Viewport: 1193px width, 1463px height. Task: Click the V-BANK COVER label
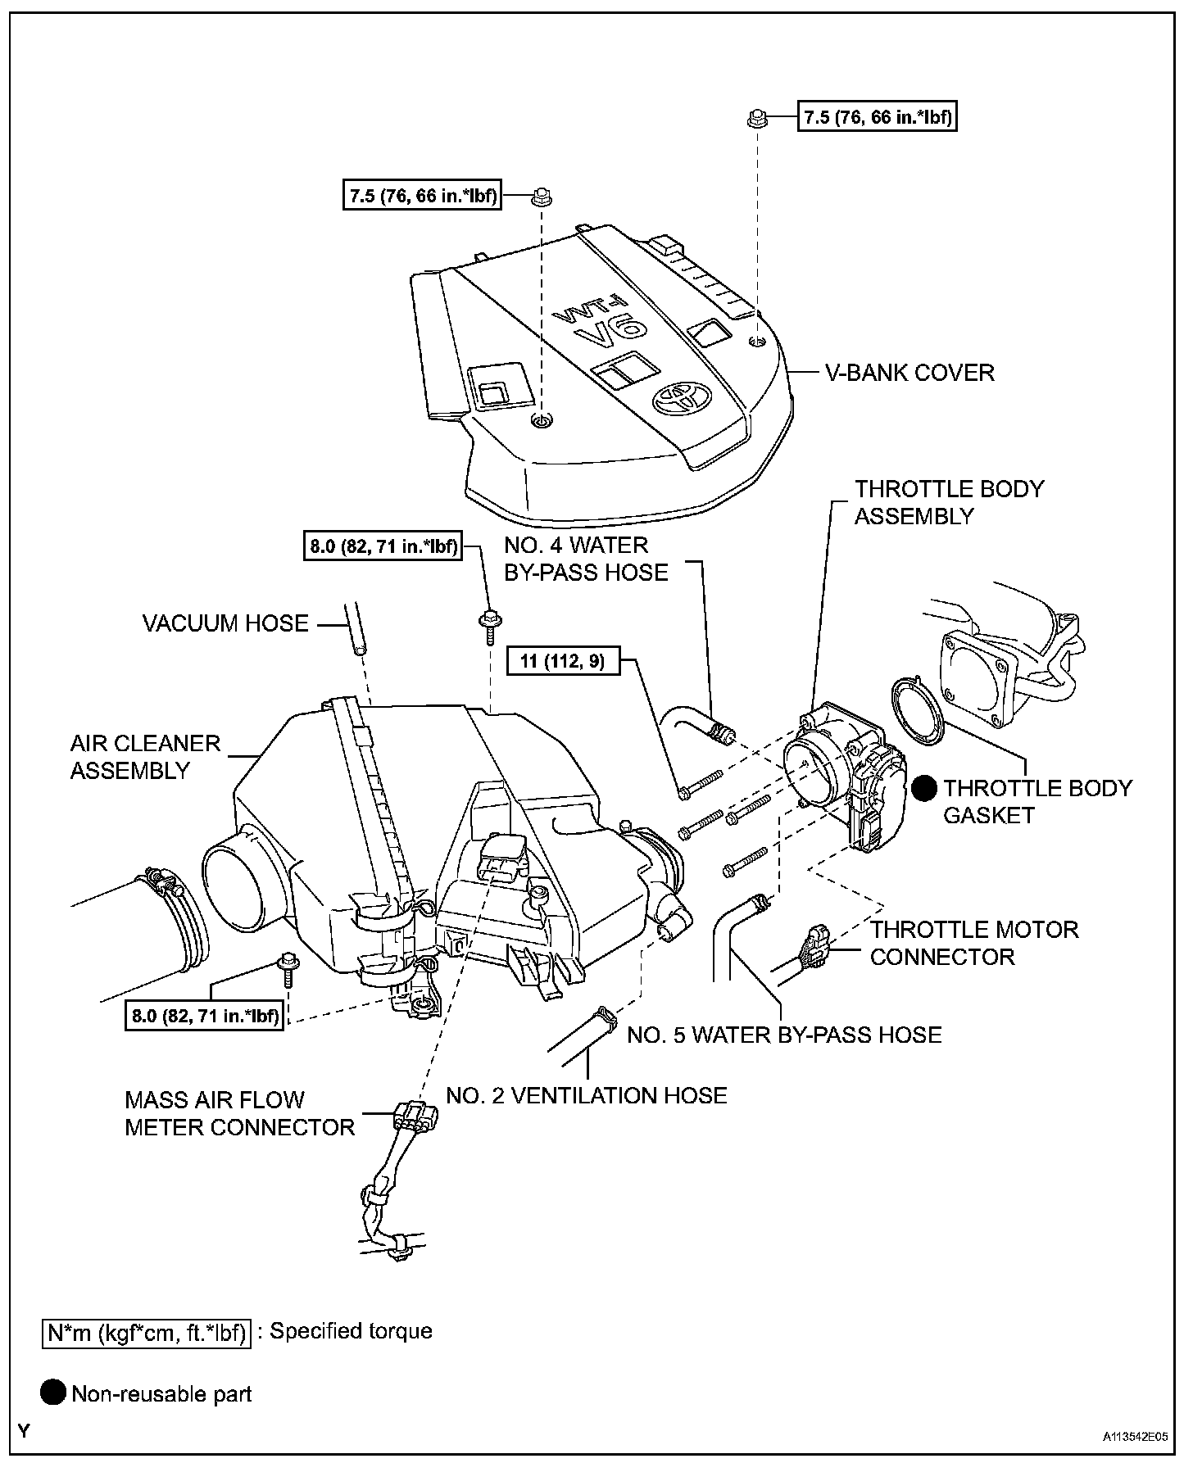tap(909, 373)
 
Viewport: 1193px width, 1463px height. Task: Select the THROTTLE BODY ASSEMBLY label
tap(949, 502)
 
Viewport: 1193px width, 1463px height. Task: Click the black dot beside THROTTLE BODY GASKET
tap(925, 788)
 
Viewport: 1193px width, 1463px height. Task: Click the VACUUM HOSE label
tap(225, 623)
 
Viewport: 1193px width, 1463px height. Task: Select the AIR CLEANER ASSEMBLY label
tap(145, 757)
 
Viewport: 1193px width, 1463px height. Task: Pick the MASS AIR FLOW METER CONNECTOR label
tap(239, 1113)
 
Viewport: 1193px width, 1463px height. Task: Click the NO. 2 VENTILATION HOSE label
tap(587, 1095)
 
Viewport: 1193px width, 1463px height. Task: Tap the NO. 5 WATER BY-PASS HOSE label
tap(784, 1035)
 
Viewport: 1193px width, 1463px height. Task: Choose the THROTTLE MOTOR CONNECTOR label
tap(974, 943)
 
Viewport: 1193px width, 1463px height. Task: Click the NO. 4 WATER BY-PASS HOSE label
tap(586, 559)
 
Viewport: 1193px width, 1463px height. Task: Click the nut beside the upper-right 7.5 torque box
tap(756, 119)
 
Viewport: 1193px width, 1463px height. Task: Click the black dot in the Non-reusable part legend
tap(53, 1393)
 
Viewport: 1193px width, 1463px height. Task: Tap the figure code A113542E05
tap(1134, 1437)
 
